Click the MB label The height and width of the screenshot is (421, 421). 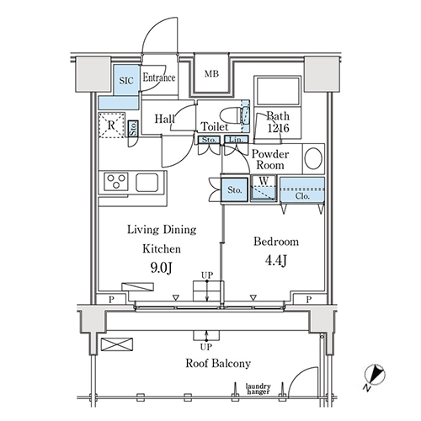[211, 74]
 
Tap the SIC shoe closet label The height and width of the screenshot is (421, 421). [126, 81]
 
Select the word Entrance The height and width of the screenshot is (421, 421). [159, 77]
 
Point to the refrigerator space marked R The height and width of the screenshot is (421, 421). [112, 125]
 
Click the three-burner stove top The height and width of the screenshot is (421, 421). [116, 182]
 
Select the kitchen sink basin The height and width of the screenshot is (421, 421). [147, 182]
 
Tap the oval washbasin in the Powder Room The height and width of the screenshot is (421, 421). [313, 158]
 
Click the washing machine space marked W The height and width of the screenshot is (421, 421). [264, 188]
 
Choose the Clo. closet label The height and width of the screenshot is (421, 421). [302, 196]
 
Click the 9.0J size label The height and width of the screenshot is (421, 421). [161, 268]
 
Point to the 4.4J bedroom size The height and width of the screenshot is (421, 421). [276, 261]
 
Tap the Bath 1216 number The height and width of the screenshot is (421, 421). [278, 128]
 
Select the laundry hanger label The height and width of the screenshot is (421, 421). [258, 389]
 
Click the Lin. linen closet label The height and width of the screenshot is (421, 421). [236, 140]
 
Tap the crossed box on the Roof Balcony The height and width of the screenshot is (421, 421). [117, 344]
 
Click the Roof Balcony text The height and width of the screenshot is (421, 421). [218, 363]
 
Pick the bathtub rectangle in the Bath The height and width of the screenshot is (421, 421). [278, 91]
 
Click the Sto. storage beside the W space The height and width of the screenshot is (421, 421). [234, 189]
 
